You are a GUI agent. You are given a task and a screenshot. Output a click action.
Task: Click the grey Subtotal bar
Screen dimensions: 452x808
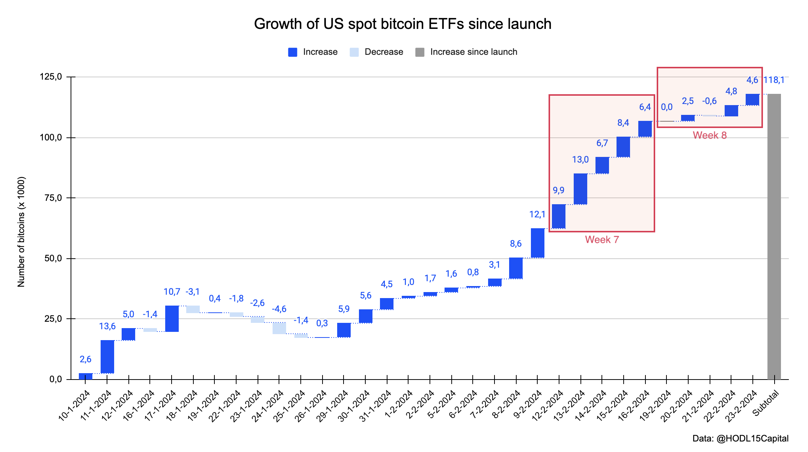click(774, 237)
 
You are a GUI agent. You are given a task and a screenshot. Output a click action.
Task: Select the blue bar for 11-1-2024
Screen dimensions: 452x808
click(107, 357)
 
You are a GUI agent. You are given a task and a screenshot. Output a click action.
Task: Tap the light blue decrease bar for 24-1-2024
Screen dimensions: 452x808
click(279, 328)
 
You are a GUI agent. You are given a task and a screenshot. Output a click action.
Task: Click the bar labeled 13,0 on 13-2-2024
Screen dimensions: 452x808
click(580, 189)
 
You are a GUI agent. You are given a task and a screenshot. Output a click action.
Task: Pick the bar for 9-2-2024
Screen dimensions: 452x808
click(538, 243)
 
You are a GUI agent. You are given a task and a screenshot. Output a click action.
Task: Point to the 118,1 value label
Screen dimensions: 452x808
click(774, 80)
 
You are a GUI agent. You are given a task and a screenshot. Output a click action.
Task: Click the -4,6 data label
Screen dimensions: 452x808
click(279, 309)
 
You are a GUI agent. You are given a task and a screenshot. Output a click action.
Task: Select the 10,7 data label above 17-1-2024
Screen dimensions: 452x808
click(172, 292)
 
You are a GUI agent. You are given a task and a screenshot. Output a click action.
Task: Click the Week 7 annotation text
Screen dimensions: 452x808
click(601, 240)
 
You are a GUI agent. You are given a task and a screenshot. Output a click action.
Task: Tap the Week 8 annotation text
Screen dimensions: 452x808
click(710, 135)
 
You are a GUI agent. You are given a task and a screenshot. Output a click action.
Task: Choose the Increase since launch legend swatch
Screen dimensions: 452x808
click(420, 52)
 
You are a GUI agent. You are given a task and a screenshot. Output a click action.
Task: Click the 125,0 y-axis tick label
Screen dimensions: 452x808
click(51, 77)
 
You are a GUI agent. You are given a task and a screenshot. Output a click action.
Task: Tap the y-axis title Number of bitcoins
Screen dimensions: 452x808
click(21, 232)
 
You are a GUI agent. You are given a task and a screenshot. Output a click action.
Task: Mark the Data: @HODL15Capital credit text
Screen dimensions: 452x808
click(740, 438)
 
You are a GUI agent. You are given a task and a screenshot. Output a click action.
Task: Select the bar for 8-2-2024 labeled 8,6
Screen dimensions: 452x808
click(516, 268)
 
